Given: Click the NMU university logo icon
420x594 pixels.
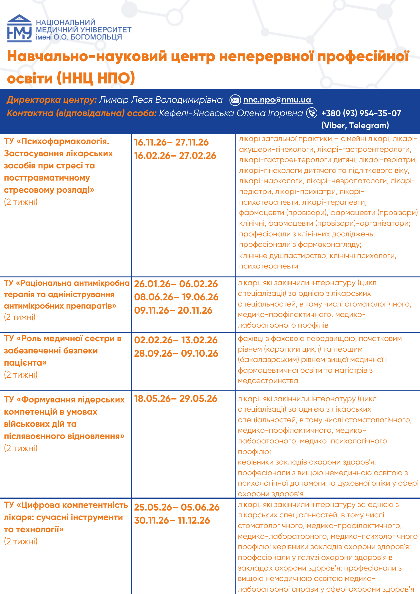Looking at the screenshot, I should pyautogui.click(x=19, y=29).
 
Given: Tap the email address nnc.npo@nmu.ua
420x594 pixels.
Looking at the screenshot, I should pyautogui.click(x=277, y=100).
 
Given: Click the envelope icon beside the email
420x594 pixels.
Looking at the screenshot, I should pyautogui.click(x=235, y=100).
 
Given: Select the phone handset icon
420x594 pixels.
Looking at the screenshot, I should pyautogui.click(x=312, y=113).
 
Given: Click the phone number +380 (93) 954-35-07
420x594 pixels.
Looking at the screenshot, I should pyautogui.click(x=361, y=113).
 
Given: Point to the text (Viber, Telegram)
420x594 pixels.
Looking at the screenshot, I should pyautogui.click(x=355, y=125).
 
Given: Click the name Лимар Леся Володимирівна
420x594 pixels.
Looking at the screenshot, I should pyautogui.click(x=161, y=100).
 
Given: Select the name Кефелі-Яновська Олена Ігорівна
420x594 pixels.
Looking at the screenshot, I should pyautogui.click(x=231, y=113).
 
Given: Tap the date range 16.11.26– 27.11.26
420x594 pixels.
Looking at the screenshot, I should pyautogui.click(x=171, y=142).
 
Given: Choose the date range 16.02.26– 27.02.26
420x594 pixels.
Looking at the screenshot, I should pyautogui.click(x=175, y=156).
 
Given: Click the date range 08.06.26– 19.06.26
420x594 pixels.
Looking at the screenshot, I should pyautogui.click(x=176, y=297).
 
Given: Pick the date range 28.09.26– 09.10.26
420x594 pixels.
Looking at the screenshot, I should pyautogui.click(x=176, y=353).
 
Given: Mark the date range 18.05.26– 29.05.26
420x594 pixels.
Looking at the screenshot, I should pyautogui.click(x=176, y=399).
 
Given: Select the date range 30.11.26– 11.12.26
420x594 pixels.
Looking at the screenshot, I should pyautogui.click(x=172, y=520).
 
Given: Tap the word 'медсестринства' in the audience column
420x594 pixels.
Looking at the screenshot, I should pyautogui.click(x=268, y=381).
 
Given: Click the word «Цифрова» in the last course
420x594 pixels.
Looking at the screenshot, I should pyautogui.click(x=41, y=505).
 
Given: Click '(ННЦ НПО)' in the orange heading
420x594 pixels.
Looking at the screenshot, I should pyautogui.click(x=96, y=78).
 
